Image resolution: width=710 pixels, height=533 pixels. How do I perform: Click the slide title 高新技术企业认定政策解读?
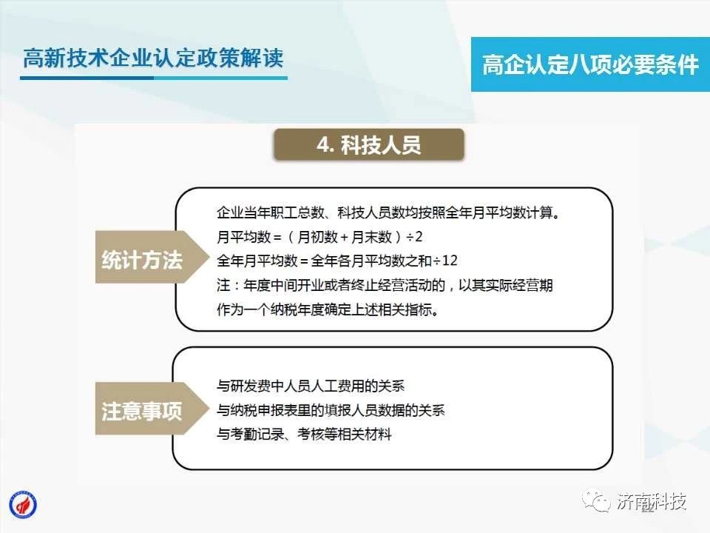(153, 58)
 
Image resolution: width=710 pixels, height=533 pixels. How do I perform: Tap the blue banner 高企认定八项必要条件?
(590, 64)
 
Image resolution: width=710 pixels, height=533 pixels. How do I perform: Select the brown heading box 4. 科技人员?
(369, 145)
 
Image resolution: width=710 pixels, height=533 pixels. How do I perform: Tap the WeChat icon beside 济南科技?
(596, 501)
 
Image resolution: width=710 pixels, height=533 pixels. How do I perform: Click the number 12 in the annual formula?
(450, 261)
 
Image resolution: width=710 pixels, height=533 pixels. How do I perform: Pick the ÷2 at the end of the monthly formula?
(414, 237)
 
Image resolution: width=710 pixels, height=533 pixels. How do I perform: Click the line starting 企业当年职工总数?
(388, 212)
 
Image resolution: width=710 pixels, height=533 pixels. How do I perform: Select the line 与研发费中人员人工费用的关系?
(310, 386)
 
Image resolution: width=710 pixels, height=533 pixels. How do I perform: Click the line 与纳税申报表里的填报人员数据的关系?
(331, 410)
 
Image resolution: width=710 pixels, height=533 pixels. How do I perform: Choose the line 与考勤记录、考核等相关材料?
(304, 435)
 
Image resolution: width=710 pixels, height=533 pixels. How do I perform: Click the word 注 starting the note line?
(223, 285)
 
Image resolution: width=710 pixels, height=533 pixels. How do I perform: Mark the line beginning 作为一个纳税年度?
(328, 309)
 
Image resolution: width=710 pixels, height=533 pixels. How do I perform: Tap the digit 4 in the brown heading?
(323, 145)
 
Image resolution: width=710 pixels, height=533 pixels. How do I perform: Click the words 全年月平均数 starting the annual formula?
(257, 261)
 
